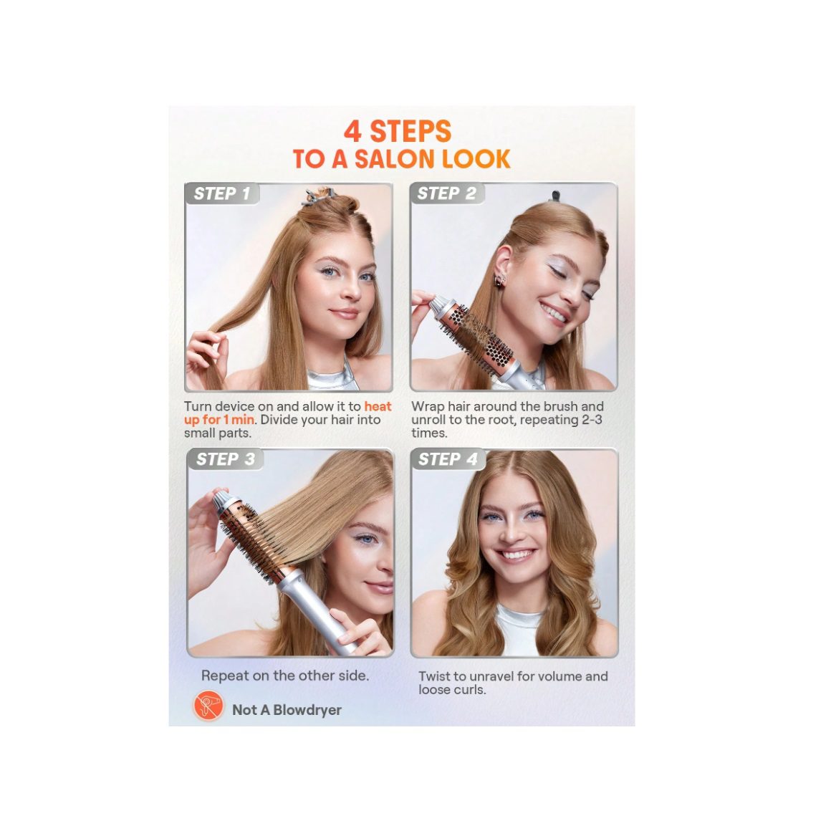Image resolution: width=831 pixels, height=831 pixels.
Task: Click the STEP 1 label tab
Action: coord(222,193)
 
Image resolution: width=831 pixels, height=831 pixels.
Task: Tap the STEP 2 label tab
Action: coord(447,193)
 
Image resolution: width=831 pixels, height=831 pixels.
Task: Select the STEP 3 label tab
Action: coord(225,459)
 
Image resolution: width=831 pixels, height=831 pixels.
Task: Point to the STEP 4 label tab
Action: coord(448,459)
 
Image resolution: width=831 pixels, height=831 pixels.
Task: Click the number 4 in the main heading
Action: coord(352,131)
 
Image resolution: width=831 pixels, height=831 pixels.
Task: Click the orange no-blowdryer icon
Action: coord(208,706)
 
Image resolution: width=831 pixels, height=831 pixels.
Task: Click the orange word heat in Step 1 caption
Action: coord(378,406)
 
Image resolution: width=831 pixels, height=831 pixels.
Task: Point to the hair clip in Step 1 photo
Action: coord(317,195)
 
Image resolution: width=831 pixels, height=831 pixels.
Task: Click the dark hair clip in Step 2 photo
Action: coord(556,196)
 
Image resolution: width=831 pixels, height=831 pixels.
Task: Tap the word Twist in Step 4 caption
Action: coord(434,676)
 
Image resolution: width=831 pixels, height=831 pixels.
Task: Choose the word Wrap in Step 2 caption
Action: coord(428,406)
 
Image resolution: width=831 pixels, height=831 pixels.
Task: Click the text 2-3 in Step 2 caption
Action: coord(590,420)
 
